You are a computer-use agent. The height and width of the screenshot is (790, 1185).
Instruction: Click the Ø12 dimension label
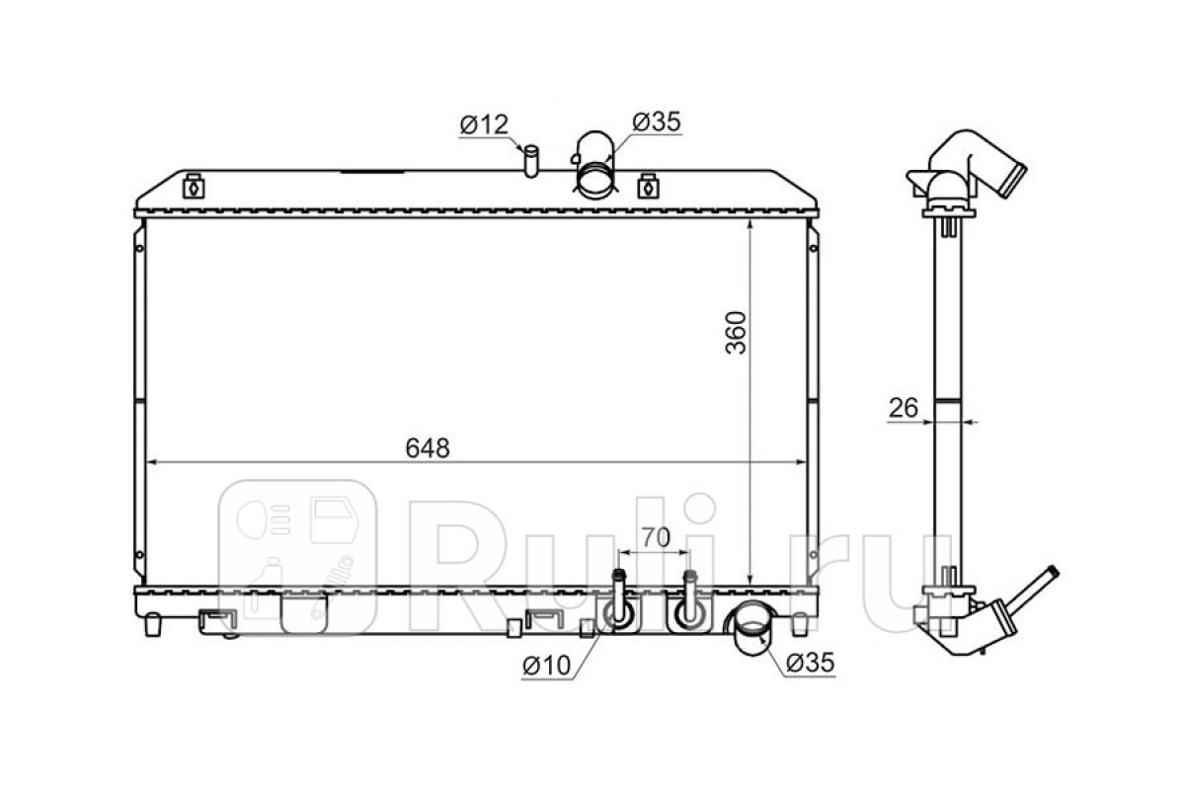pyautogui.click(x=484, y=124)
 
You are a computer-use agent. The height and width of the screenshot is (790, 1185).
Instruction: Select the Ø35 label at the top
pyautogui.click(x=657, y=121)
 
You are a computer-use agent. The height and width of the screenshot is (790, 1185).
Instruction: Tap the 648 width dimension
pyautogui.click(x=428, y=447)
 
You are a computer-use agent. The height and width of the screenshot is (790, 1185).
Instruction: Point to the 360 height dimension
pyautogui.click(x=736, y=333)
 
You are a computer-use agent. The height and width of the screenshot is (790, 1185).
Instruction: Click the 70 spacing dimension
pyautogui.click(x=656, y=537)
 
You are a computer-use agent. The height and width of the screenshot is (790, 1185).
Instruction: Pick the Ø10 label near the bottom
pyautogui.click(x=546, y=666)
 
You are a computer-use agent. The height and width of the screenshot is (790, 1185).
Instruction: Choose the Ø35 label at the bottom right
pyautogui.click(x=810, y=663)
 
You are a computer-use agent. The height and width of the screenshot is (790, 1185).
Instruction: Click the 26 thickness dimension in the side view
pyautogui.click(x=904, y=408)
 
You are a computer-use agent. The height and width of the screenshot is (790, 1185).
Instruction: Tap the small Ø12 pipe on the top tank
pyautogui.click(x=531, y=161)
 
